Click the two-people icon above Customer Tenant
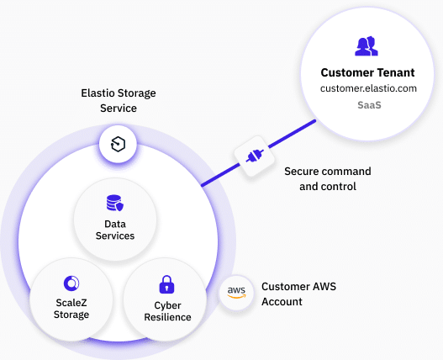[367, 45]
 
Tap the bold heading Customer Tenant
[367, 72]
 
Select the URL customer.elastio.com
[368, 88]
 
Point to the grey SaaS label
[369, 105]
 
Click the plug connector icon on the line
[255, 156]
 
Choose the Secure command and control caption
[328, 178]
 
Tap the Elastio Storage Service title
[119, 100]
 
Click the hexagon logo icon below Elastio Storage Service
[118, 144]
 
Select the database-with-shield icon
[115, 203]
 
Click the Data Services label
[115, 230]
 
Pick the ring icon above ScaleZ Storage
[71, 283]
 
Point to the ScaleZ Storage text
[71, 309]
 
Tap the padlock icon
[166, 284]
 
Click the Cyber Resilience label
[167, 311]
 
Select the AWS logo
[236, 292]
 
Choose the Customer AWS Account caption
[298, 294]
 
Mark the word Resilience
[167, 317]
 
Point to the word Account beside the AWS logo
[282, 302]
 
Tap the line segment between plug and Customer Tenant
[293, 134]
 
